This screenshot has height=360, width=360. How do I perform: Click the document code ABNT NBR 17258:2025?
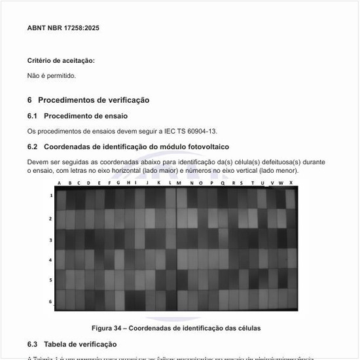63,28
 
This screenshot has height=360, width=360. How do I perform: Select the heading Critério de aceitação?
61,61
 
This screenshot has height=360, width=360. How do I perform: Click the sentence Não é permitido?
52,76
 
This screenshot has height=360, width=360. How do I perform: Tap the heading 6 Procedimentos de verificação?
88,100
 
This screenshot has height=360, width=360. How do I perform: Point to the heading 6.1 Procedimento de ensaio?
77,116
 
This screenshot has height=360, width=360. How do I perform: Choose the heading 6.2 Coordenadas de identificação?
128,147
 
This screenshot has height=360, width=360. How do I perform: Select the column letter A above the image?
60,183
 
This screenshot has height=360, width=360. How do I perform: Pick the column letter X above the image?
291,183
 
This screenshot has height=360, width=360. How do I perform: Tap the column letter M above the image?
178,183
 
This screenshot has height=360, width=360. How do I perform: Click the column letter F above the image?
109,183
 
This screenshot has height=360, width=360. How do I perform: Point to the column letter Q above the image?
223,183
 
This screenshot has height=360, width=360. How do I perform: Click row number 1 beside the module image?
51,195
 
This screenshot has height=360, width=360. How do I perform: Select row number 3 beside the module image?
51,240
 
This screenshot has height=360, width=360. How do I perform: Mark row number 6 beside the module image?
51,301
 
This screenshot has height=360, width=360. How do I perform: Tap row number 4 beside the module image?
51,260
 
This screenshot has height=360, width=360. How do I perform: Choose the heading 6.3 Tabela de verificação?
72,344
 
